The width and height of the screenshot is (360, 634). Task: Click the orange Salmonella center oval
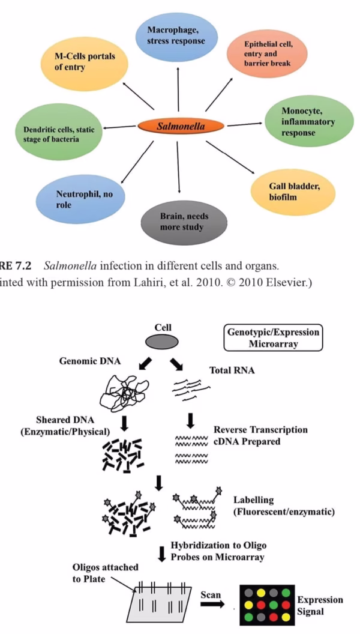tap(181, 126)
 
